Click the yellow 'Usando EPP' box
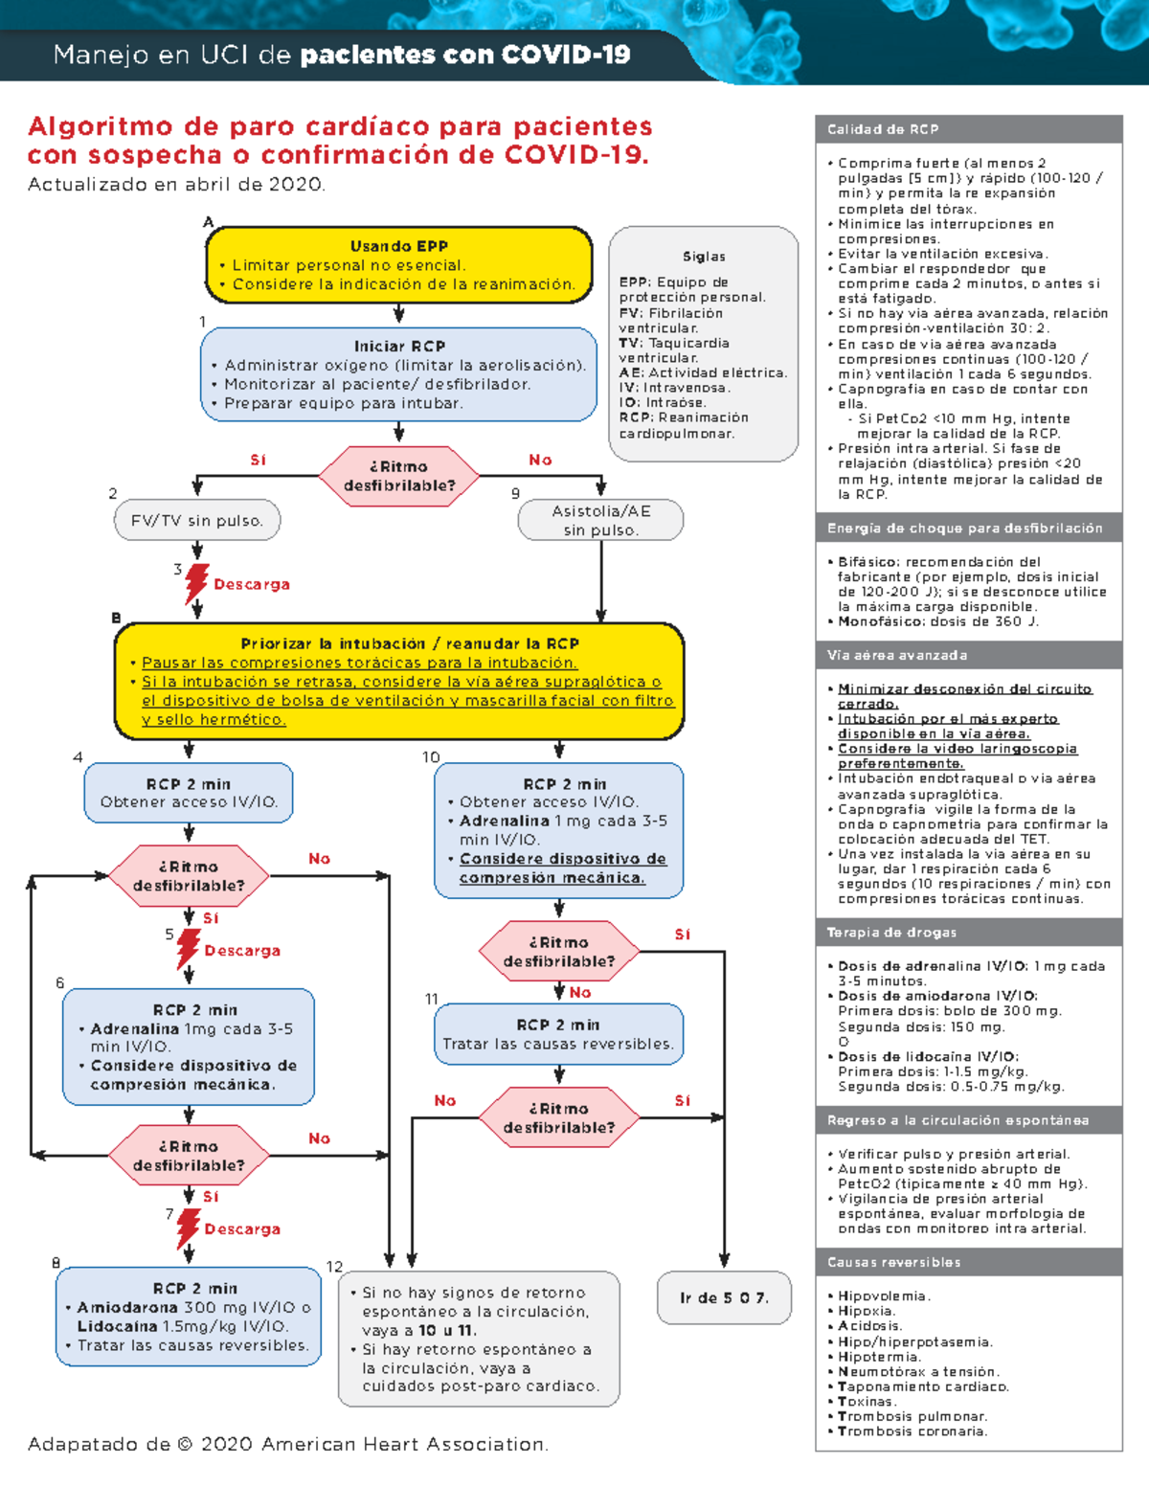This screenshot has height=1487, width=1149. [x=399, y=265]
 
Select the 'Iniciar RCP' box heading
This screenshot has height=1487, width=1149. [x=399, y=347]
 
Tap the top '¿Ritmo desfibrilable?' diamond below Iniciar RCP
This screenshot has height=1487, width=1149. [x=399, y=476]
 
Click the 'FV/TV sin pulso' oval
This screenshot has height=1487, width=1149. [x=196, y=521]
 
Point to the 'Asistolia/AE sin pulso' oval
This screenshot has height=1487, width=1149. [x=600, y=521]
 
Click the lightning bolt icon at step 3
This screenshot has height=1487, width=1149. [x=196, y=583]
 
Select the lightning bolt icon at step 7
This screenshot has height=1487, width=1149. [x=189, y=1228]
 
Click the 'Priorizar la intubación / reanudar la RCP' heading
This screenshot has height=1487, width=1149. [x=410, y=643]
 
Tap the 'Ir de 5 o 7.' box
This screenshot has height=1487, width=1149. [x=724, y=1298]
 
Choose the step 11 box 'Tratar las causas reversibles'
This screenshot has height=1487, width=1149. [x=558, y=1035]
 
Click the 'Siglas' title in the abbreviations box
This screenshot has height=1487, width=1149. [x=704, y=257]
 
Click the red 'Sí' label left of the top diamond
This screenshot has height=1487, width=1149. [x=258, y=461]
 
